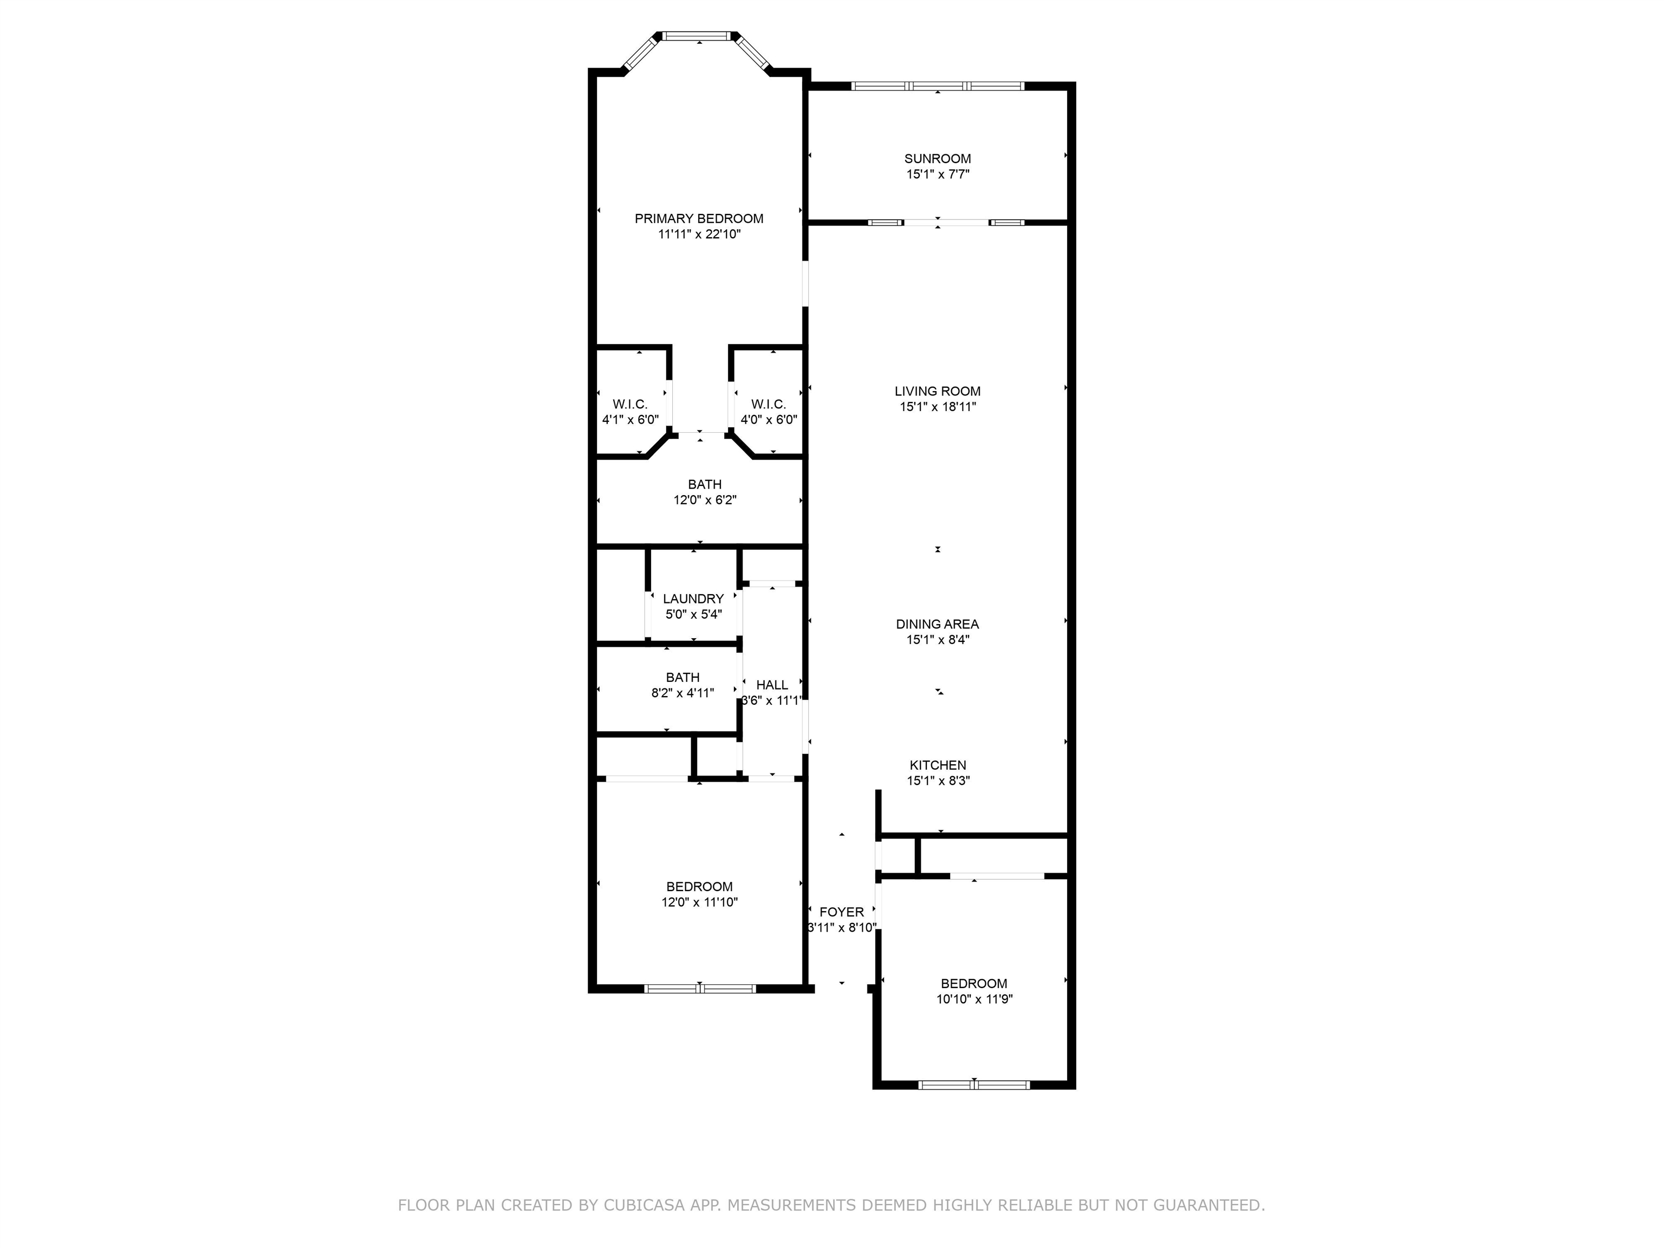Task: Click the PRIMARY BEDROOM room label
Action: click(699, 219)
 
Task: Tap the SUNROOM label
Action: click(937, 159)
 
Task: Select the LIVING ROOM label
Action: click(937, 391)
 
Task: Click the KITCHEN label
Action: click(937, 765)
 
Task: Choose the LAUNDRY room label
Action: click(693, 599)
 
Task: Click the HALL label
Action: click(772, 685)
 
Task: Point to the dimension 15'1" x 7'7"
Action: click(937, 174)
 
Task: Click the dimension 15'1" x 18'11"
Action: click(937, 407)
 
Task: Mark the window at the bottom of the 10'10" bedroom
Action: click(974, 1085)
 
